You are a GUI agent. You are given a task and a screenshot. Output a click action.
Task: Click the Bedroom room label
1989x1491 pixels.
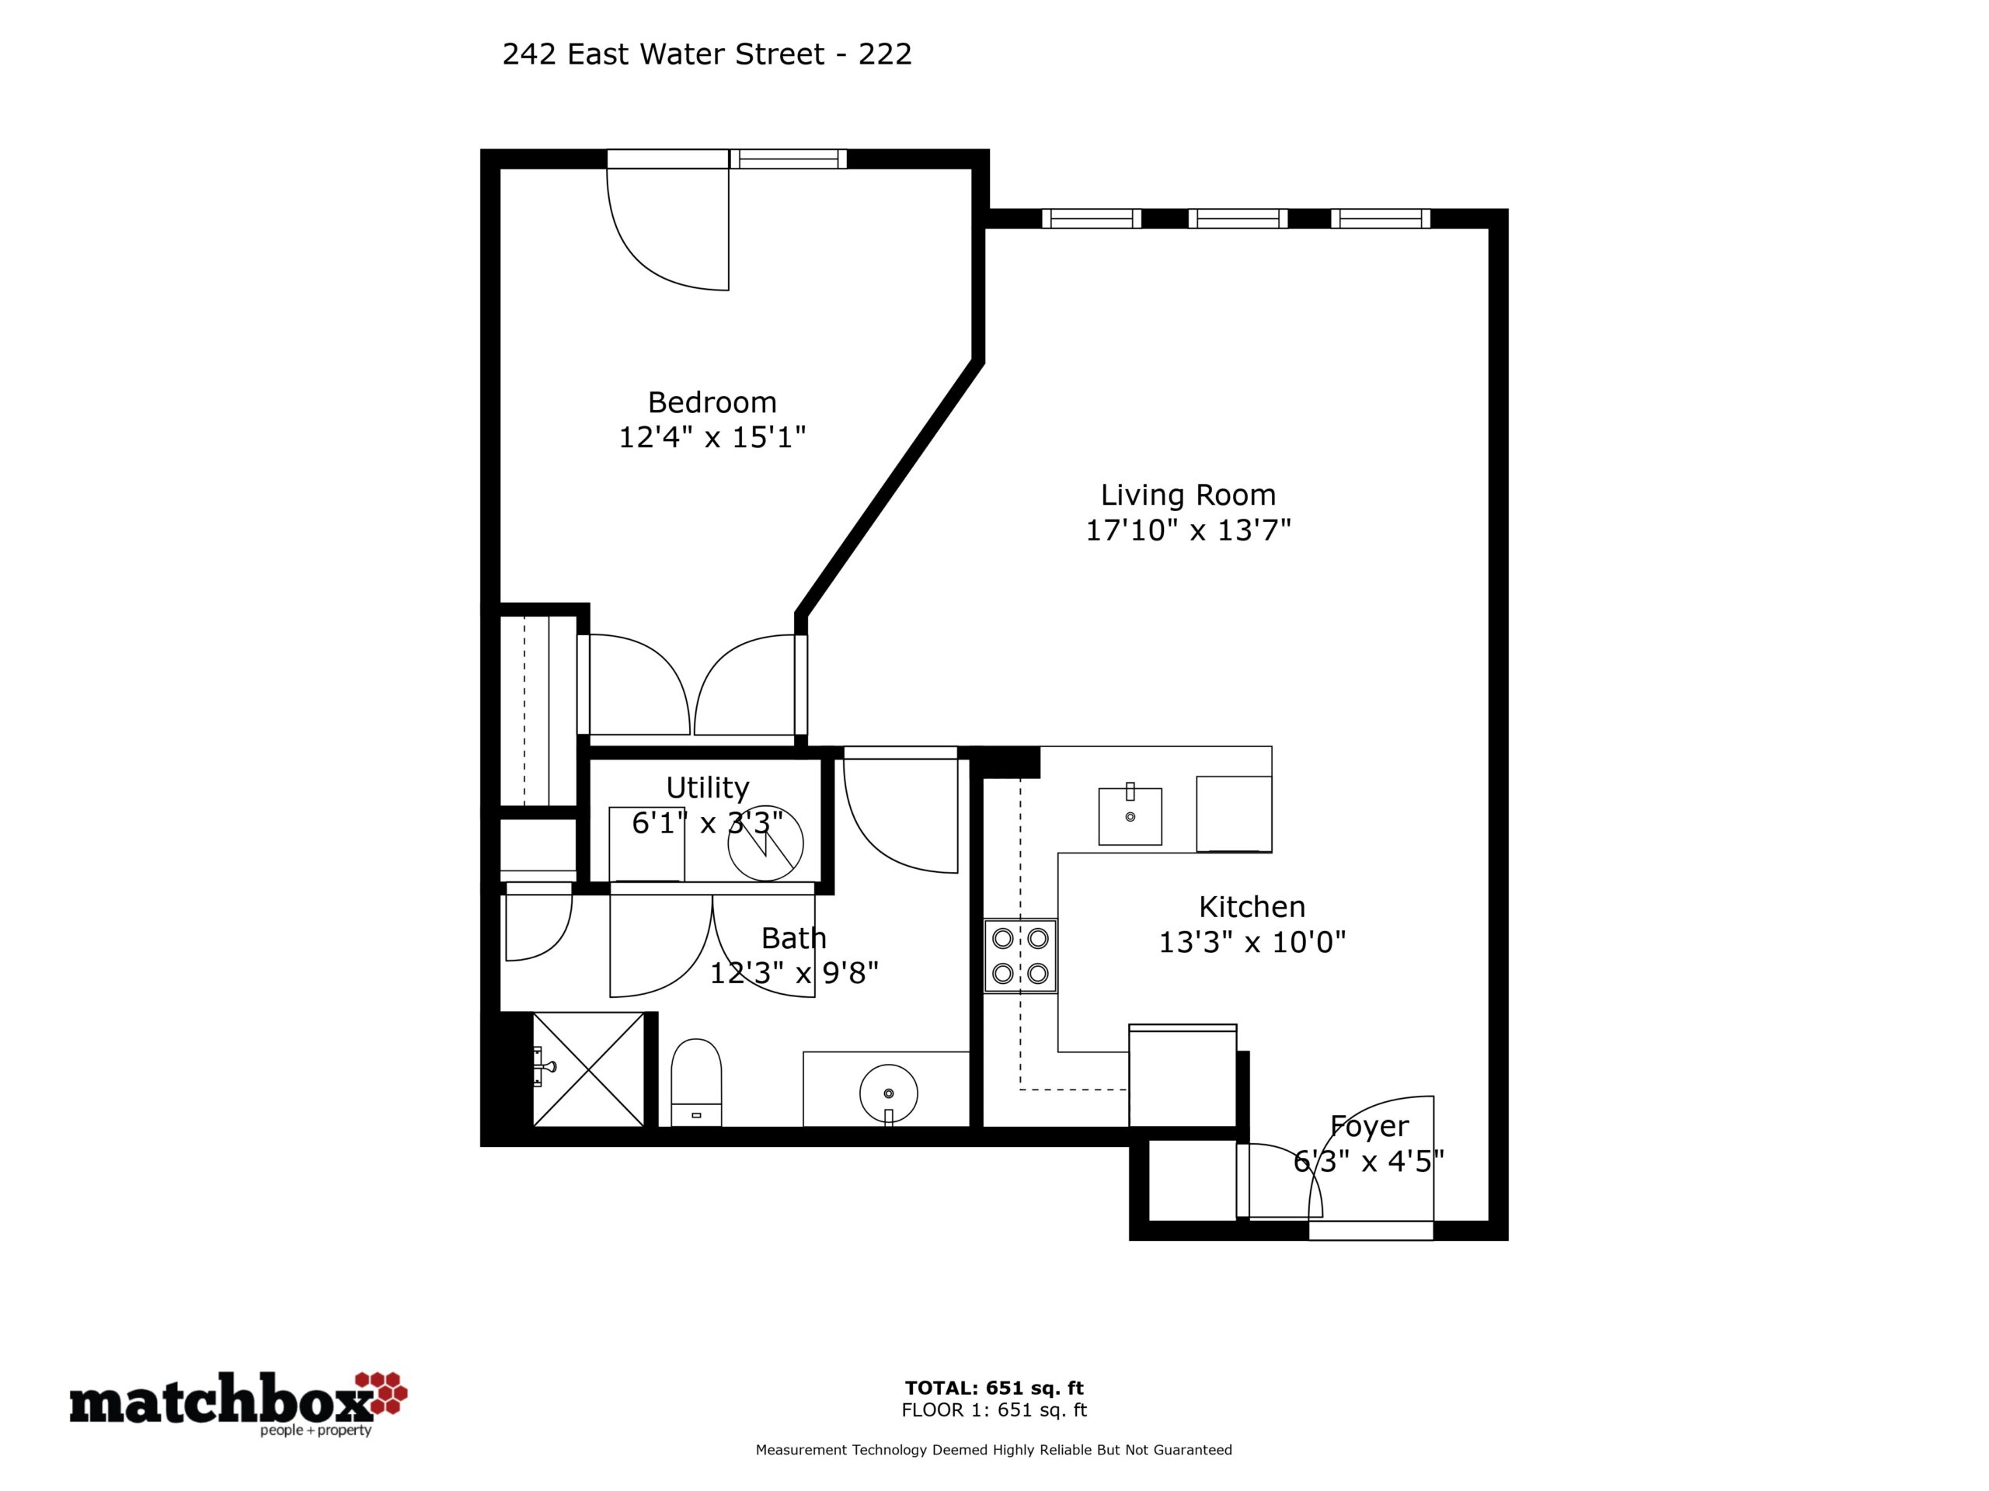click(x=712, y=401)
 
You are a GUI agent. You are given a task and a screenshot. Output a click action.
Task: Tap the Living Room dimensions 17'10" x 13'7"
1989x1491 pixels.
click(x=1188, y=530)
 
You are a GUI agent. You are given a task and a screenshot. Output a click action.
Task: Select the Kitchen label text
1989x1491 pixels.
click(x=1252, y=906)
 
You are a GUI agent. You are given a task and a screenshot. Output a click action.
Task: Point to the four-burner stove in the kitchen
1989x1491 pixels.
click(x=1021, y=955)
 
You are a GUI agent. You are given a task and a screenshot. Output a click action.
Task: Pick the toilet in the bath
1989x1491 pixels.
click(x=696, y=1082)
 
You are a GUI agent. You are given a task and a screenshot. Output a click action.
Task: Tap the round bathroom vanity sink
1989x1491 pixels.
click(x=888, y=1093)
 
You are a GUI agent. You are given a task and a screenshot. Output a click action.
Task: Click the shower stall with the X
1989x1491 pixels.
click(x=589, y=1069)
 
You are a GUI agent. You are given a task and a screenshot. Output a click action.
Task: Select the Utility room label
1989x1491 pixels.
click(x=708, y=787)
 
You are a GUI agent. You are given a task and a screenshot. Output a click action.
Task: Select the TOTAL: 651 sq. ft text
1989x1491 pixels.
click(x=994, y=1388)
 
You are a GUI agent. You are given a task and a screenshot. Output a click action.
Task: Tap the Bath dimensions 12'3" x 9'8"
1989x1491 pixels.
click(x=794, y=972)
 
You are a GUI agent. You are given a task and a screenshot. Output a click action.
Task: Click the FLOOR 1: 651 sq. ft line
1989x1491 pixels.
click(x=994, y=1410)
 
